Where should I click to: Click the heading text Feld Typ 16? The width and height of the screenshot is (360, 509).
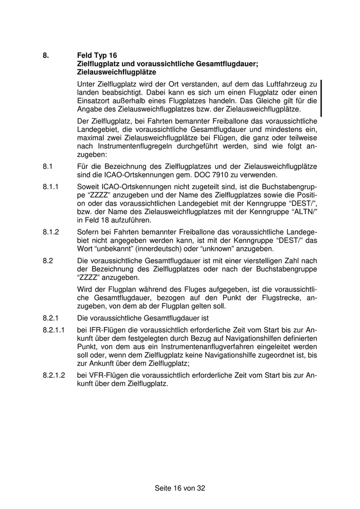[x=97, y=55]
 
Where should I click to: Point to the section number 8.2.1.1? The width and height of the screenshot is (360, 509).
[x=54, y=330]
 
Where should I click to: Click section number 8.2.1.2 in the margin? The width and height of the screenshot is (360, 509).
[x=54, y=375]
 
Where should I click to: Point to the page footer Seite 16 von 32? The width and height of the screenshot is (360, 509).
[x=180, y=488]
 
